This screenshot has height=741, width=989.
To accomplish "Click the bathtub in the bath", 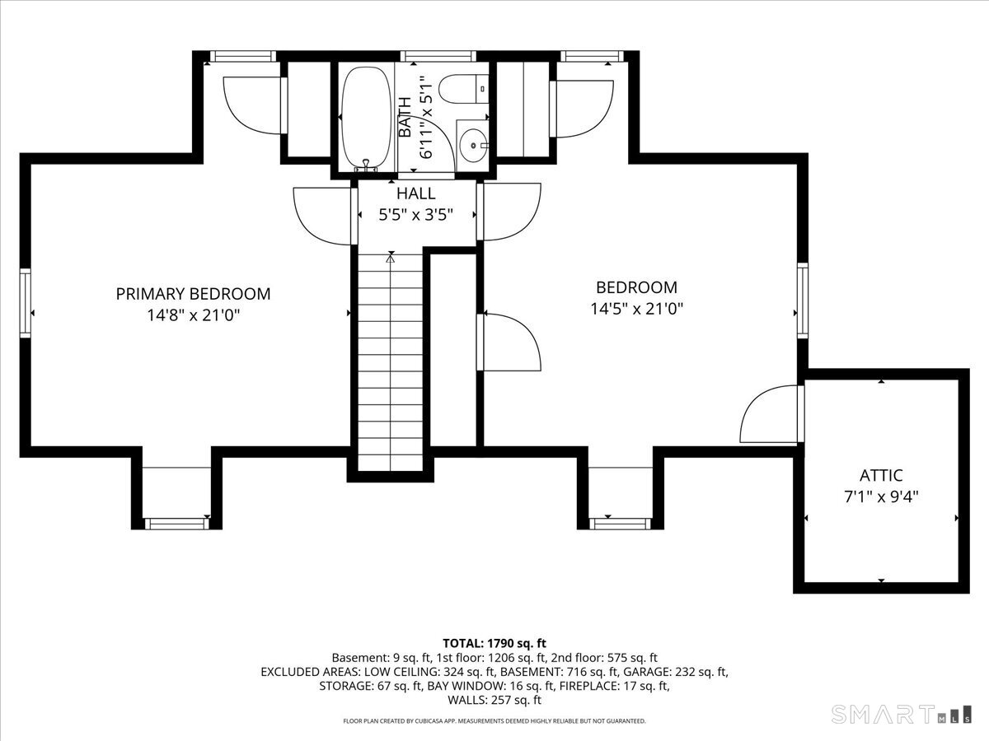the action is click(x=366, y=119).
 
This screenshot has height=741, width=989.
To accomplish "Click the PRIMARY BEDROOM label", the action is click(x=194, y=294).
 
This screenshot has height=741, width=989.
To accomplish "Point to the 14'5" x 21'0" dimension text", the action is click(x=636, y=309).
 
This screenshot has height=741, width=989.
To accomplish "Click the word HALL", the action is click(x=415, y=193).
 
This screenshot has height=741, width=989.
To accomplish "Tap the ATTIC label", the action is click(x=881, y=476).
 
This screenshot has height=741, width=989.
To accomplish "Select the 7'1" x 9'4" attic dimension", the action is click(x=881, y=497).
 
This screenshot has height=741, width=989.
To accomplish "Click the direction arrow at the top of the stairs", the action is click(x=391, y=259).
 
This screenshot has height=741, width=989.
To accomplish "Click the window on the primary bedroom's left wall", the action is click(x=26, y=303).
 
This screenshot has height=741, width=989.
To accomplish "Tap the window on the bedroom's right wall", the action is click(x=803, y=301).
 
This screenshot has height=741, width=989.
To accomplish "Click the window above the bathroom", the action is click(x=438, y=56).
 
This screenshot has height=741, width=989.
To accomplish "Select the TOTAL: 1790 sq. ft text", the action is click(x=494, y=643).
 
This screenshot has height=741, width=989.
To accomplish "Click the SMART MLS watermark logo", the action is click(x=901, y=715).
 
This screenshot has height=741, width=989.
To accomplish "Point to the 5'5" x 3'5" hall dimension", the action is click(x=415, y=215).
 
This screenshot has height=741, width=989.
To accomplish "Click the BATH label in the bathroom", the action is click(x=405, y=117).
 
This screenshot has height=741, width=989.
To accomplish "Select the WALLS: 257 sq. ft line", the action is click(x=494, y=700).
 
